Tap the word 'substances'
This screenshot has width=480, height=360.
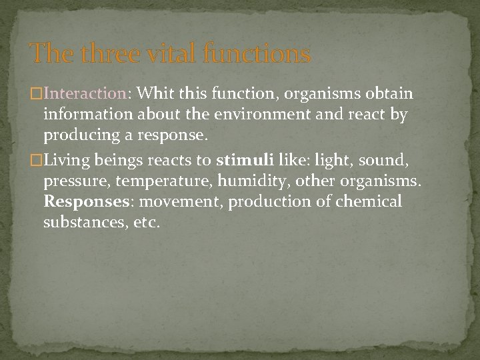[x=81, y=222]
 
